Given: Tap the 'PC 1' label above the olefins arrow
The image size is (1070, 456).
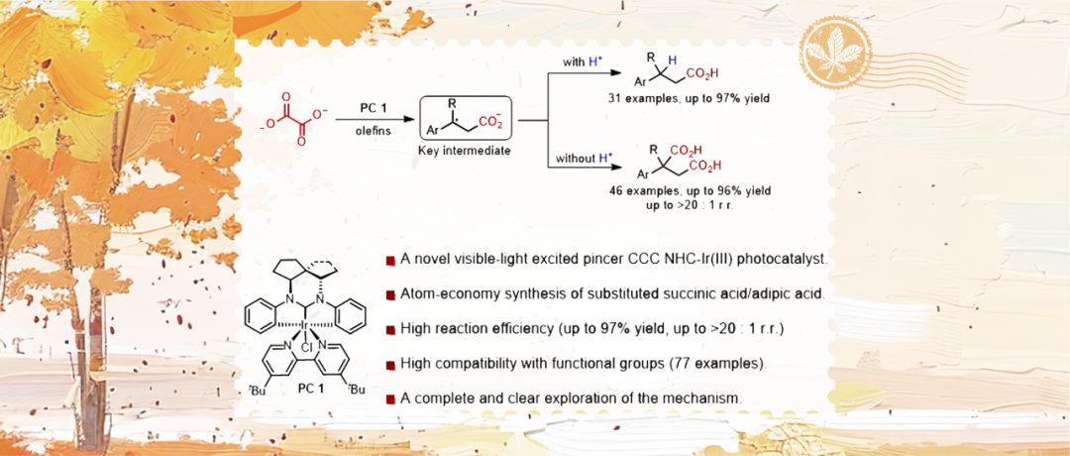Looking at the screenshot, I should pyautogui.click(x=373, y=107).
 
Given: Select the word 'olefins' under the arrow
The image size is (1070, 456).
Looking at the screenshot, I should pyautogui.click(x=373, y=129).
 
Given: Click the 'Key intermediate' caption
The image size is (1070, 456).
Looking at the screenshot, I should pyautogui.click(x=464, y=151).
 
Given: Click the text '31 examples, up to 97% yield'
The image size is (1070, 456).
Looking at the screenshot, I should pyautogui.click(x=691, y=100).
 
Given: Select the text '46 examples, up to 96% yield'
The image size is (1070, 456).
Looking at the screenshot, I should pyautogui.click(x=691, y=188).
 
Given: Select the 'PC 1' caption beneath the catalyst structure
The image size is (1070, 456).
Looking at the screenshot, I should pyautogui.click(x=312, y=388).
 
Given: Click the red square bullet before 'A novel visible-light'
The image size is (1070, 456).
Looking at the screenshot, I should pyautogui.click(x=390, y=261).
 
